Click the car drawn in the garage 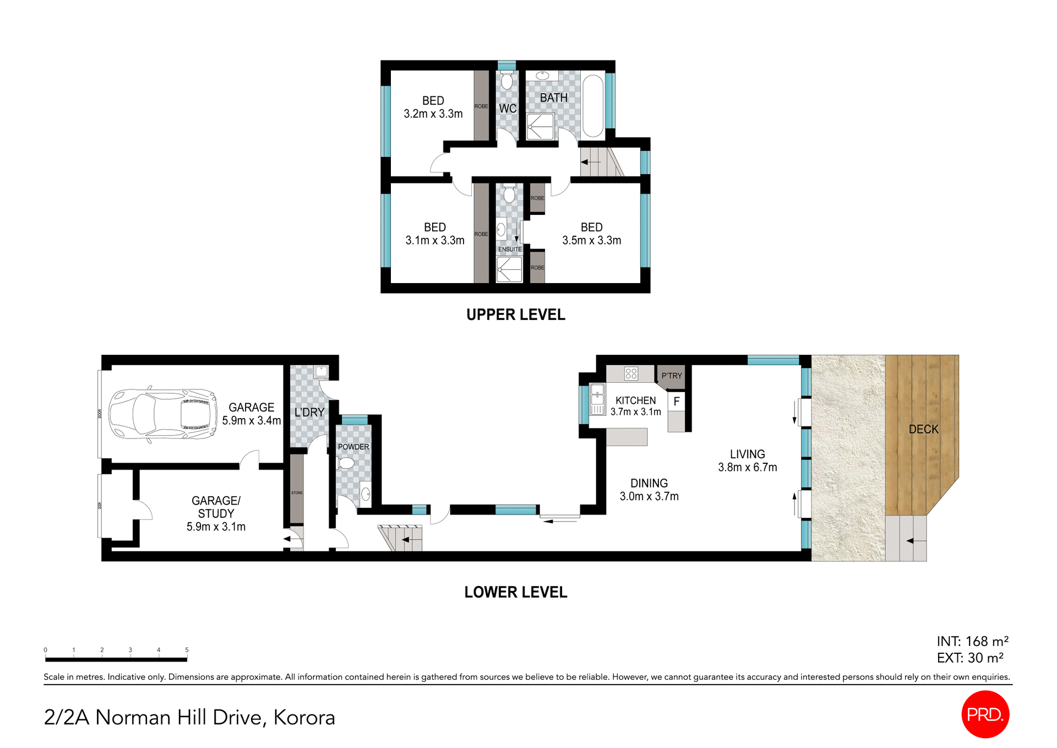163,414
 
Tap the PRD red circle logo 985,714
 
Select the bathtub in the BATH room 593,106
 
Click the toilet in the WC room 506,82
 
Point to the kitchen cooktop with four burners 631,374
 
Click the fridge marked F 677,402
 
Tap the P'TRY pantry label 672,376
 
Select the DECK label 923,429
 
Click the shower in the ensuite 509,270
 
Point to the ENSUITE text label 510,250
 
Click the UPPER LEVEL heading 515,315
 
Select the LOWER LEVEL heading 515,592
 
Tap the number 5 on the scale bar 187,650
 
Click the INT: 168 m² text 972,641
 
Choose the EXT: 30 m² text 970,658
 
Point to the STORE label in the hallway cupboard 297,493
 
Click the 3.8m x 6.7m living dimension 747,468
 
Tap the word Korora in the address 304,717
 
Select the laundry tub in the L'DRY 321,372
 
